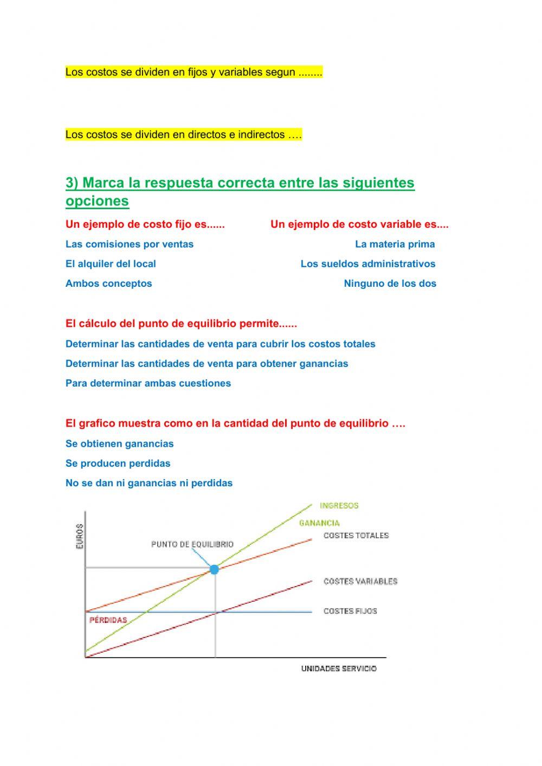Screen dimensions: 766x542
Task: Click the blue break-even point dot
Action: tap(214, 569)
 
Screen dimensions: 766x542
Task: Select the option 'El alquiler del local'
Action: tap(111, 264)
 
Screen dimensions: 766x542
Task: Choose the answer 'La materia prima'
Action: tap(395, 244)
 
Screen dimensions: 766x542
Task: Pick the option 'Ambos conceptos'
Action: tap(108, 284)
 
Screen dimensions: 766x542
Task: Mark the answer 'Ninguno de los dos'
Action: tap(390, 284)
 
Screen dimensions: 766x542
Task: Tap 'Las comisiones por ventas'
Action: tap(129, 244)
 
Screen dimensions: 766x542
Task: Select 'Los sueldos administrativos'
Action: tap(368, 264)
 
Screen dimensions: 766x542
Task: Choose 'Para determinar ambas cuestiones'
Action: tap(148, 383)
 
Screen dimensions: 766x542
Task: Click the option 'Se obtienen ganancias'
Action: tap(119, 444)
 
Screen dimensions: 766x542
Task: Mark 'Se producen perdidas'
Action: tap(118, 464)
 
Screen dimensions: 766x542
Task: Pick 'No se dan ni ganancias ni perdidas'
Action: tap(149, 483)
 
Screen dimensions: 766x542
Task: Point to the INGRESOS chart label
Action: tap(339, 506)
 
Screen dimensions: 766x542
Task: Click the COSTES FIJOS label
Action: tap(350, 611)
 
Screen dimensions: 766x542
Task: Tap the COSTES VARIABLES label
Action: tap(360, 581)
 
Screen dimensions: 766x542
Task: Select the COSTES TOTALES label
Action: tap(356, 536)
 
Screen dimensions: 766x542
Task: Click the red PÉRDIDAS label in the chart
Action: tap(108, 620)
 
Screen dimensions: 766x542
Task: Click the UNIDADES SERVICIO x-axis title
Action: tap(339, 668)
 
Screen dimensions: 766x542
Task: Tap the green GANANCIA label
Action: tap(319, 523)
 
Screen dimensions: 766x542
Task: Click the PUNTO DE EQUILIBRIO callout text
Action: tap(192, 544)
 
